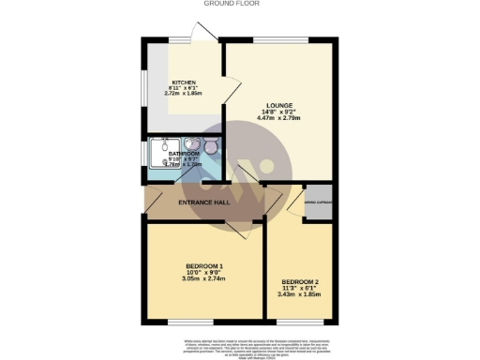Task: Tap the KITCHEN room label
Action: [x=184, y=82]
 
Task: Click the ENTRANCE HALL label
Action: [x=205, y=202]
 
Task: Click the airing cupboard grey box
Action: [x=317, y=205]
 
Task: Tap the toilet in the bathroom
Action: [x=210, y=147]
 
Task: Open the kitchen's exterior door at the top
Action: [x=202, y=34]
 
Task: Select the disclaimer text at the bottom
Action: [x=240, y=343]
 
